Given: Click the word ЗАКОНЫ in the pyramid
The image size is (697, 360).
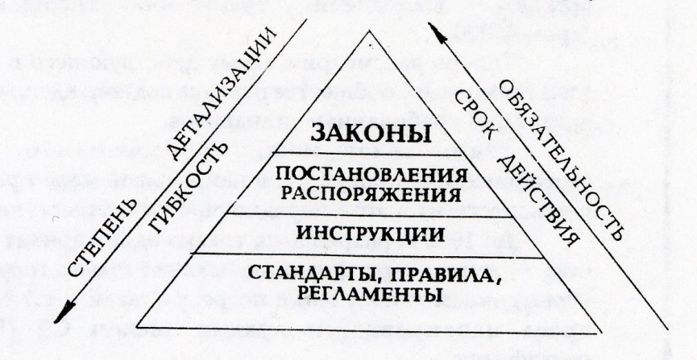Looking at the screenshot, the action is pos(371,134).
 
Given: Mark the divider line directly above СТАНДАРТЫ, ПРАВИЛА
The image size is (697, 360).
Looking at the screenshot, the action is pos(370,257).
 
